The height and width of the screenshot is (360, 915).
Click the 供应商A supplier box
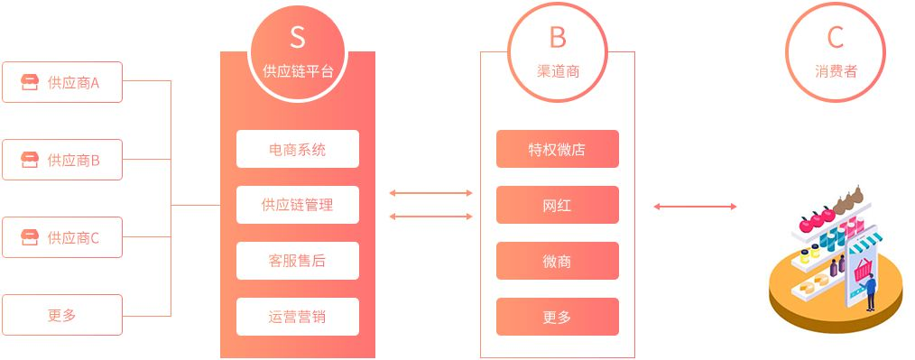point(62,83)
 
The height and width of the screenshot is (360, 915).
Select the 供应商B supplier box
point(62,161)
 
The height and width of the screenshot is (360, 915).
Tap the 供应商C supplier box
point(62,238)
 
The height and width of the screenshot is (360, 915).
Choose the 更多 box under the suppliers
point(62,316)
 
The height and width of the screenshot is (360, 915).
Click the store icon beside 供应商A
point(31,83)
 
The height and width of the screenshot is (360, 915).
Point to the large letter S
point(298,37)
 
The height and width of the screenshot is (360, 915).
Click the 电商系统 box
point(298,149)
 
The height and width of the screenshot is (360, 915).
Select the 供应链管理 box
point(298,205)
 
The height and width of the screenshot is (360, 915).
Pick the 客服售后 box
point(298,261)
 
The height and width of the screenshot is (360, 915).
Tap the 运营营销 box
point(298,317)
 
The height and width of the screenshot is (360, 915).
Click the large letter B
point(558,37)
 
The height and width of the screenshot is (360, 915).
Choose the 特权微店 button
point(558,149)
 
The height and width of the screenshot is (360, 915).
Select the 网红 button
point(558,205)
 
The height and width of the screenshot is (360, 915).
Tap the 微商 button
point(558,261)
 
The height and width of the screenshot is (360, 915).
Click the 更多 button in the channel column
point(558,317)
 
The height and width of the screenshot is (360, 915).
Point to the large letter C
point(836,37)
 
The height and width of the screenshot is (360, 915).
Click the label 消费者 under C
point(836,71)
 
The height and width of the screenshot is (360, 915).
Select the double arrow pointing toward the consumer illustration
point(695,207)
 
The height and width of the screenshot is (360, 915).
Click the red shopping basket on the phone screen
point(862,269)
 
